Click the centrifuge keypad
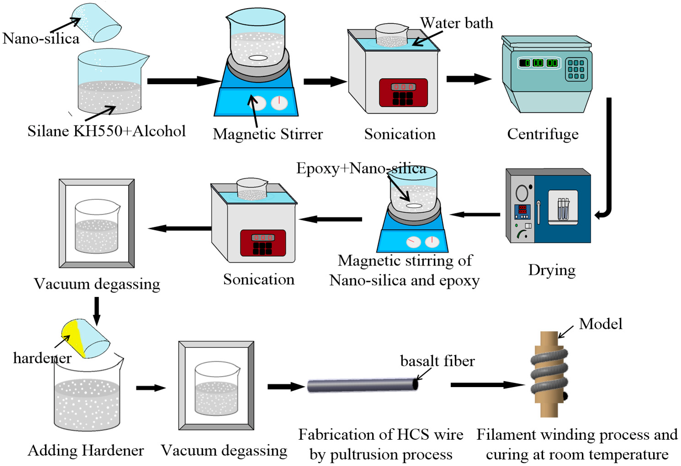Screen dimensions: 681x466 coord(576,69)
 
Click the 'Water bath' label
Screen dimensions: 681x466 coord(457,23)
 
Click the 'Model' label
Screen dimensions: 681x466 coord(601,324)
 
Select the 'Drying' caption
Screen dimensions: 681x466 coord(552,270)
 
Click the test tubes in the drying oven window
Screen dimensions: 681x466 coord(563,208)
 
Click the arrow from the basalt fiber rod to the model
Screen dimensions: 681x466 coord(488,385)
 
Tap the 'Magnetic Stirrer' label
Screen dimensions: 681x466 coord(268,134)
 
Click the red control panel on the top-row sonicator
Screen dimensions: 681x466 coord(403,92)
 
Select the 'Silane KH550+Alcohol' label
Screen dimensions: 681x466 coord(107,131)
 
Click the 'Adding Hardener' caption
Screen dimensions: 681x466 coord(86,450)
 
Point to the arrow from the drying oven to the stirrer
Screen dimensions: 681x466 coord(475,214)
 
